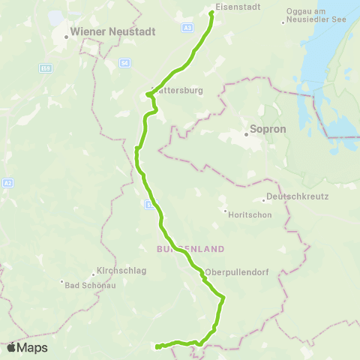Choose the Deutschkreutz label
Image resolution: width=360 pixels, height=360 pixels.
[x=293, y=199]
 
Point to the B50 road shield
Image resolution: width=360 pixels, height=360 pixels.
[x=46, y=68]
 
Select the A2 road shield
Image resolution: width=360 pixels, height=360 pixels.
[x=7, y=181]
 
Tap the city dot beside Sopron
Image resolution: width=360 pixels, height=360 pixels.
[x=245, y=135]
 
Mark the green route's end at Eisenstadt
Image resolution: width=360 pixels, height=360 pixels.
[x=211, y=12]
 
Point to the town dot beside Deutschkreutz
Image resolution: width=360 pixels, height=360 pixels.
[x=264, y=199]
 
